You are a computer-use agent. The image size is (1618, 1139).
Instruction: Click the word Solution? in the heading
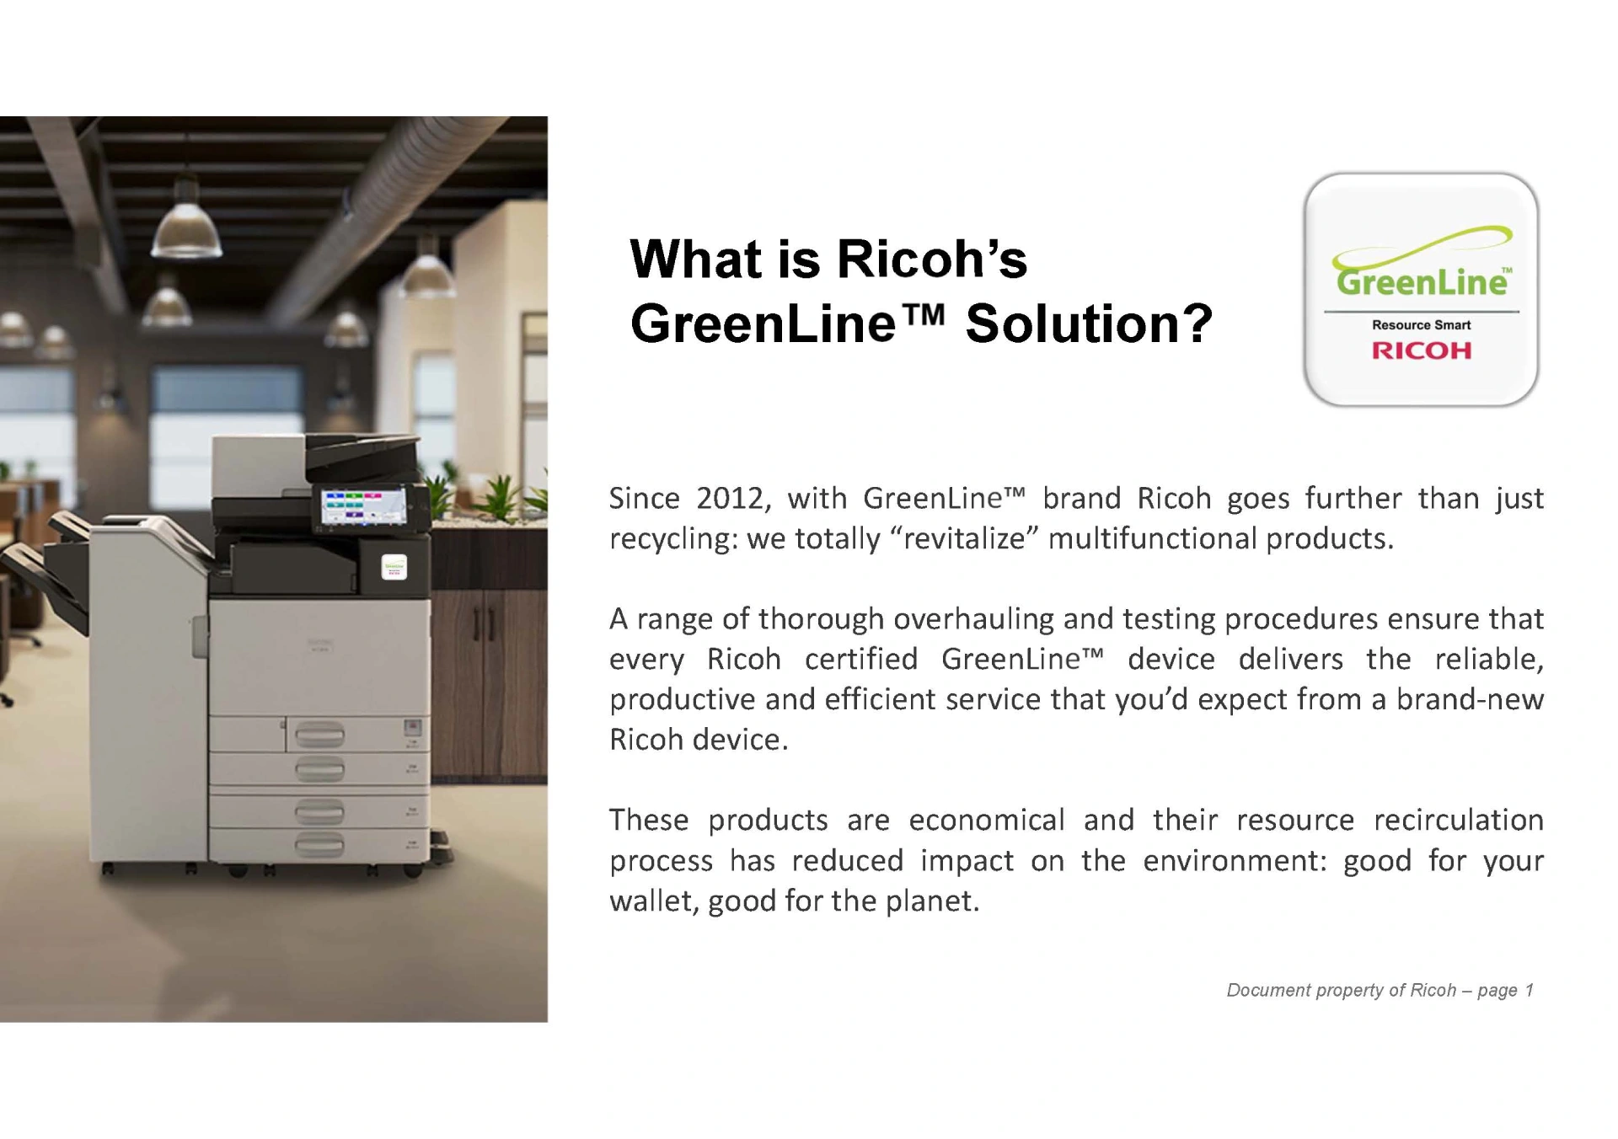pyautogui.click(x=1089, y=324)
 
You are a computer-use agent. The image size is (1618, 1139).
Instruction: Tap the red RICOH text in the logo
pyautogui.click(x=1422, y=350)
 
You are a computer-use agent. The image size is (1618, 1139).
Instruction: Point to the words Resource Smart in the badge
pyautogui.click(x=1422, y=325)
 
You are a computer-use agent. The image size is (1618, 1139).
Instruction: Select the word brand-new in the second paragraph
pyautogui.click(x=1470, y=699)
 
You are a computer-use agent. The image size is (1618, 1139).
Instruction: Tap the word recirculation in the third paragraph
pyautogui.click(x=1459, y=820)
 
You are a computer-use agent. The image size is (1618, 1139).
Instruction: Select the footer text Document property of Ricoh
pyautogui.click(x=1341, y=990)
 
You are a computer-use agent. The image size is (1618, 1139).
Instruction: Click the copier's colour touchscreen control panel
pyautogui.click(x=364, y=508)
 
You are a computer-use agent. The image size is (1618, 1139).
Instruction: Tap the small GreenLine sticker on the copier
pyautogui.click(x=394, y=567)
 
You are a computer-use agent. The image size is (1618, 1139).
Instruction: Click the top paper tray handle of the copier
pyautogui.click(x=320, y=735)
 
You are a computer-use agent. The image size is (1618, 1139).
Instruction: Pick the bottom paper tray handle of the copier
pyautogui.click(x=320, y=845)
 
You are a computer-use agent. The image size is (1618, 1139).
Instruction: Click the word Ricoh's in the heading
pyautogui.click(x=932, y=259)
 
